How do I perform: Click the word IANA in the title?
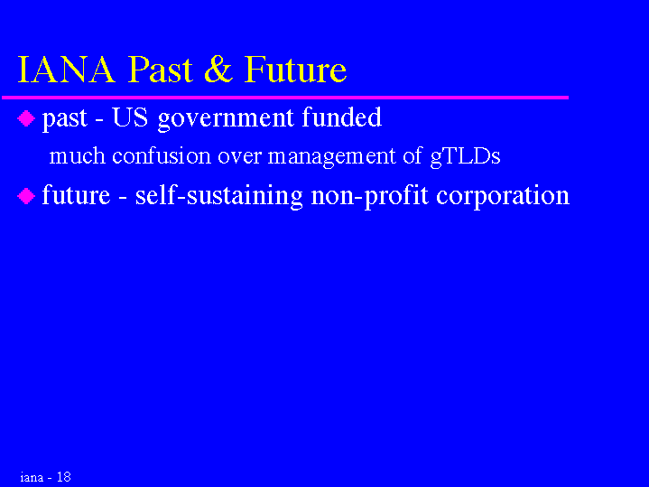click(x=66, y=70)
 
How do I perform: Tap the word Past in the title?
click(x=161, y=70)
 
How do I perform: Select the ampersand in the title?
click(x=218, y=70)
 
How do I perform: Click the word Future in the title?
click(x=295, y=70)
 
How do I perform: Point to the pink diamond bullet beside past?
click(x=26, y=118)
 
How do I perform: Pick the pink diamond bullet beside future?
click(x=26, y=196)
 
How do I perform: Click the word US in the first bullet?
click(x=130, y=117)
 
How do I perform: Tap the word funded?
click(x=341, y=117)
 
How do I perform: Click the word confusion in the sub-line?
click(x=162, y=155)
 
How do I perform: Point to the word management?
click(x=332, y=157)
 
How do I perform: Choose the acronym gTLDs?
click(x=465, y=157)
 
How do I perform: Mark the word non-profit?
click(x=369, y=196)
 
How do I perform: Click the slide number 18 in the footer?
click(x=64, y=477)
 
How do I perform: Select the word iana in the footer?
click(x=32, y=477)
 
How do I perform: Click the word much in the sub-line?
click(x=78, y=155)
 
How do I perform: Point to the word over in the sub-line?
click(x=239, y=156)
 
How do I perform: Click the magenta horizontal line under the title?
click(x=285, y=98)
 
